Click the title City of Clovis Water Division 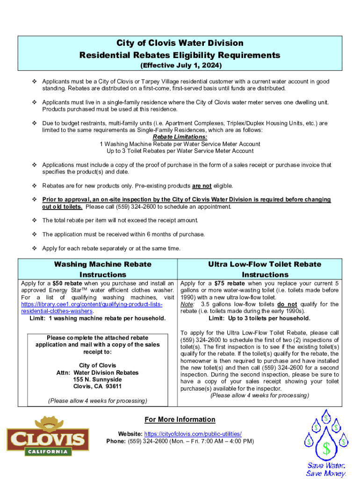[x=180, y=43]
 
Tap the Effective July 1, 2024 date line [x=180, y=65]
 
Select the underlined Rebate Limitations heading [x=180, y=137]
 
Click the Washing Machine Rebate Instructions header [x=103, y=269]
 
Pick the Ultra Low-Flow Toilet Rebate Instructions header [x=265, y=269]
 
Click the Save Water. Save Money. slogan [x=326, y=470]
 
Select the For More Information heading [x=180, y=420]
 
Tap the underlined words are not [x=202, y=186]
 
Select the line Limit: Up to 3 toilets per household [x=259, y=319]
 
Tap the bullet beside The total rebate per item [x=34, y=220]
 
